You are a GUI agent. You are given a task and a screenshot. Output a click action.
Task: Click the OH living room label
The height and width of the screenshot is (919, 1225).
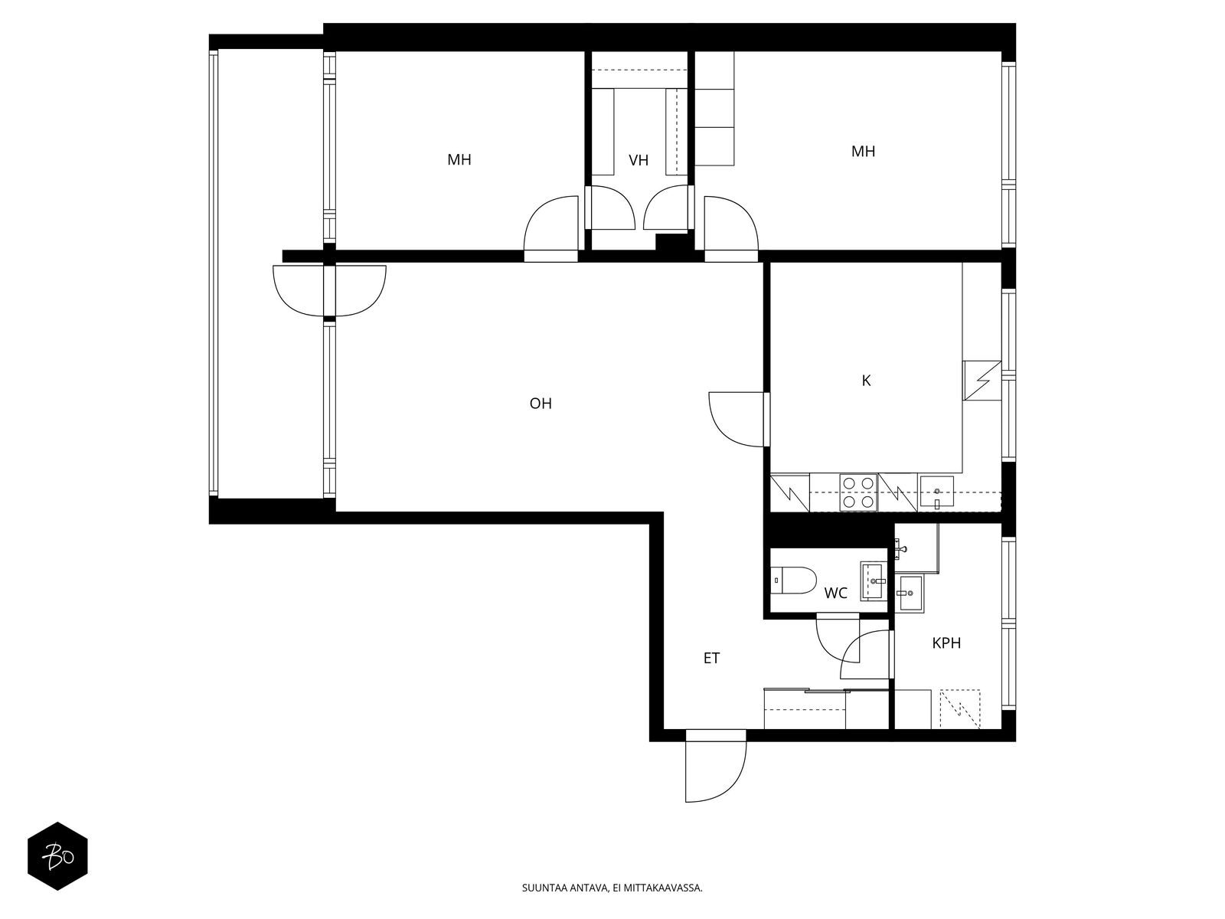pos(541,404)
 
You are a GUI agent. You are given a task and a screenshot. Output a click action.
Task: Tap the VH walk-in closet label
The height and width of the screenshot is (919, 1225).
pos(639,160)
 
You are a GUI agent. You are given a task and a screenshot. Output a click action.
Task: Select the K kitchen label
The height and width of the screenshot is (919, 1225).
pos(866,381)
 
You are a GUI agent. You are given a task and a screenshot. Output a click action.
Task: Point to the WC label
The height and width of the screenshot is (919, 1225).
pos(835,593)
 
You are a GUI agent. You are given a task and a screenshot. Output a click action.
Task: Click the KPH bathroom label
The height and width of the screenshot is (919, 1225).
pos(946,643)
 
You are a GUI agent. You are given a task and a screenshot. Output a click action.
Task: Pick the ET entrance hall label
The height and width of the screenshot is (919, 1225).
pos(712,658)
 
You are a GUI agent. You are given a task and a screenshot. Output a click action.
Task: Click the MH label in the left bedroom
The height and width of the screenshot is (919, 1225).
pos(459,160)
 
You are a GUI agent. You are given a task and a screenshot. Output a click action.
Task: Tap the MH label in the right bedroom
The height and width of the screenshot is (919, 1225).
pos(863,152)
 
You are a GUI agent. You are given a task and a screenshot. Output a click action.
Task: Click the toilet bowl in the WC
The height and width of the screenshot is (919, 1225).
pos(792,579)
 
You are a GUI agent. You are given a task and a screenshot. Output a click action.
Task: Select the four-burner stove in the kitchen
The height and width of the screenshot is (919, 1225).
pos(858,492)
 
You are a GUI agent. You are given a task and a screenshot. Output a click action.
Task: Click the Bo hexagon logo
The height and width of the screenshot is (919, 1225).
pos(58,855)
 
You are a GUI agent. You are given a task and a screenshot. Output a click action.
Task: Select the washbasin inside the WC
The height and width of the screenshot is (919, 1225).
pos(874,581)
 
